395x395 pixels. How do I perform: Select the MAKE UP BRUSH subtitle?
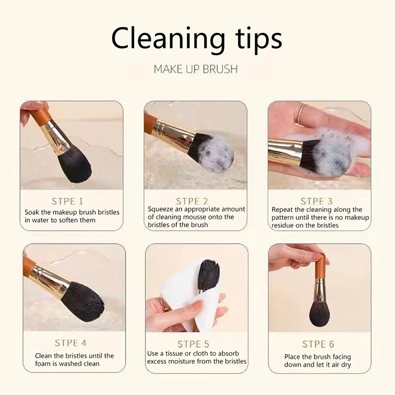click(196, 69)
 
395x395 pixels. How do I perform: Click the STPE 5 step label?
click(196, 344)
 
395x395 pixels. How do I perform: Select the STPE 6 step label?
click(319, 344)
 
